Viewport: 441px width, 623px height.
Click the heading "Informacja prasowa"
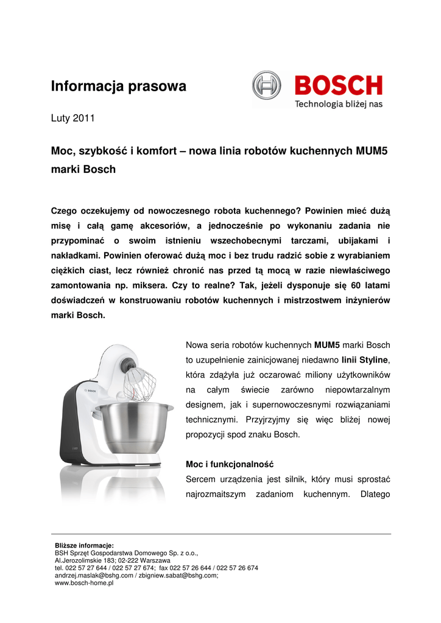pyautogui.click(x=118, y=86)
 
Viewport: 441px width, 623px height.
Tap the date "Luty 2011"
pyautogui.click(x=72, y=118)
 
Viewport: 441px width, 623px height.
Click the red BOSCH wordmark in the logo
pyautogui.click(x=339, y=86)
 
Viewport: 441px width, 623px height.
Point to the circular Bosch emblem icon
pyautogui.click(x=267, y=85)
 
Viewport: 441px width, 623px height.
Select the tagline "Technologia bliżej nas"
pyautogui.click(x=339, y=104)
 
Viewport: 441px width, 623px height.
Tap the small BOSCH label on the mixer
pyautogui.click(x=90, y=392)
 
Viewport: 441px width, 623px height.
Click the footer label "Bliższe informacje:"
pyautogui.click(x=84, y=545)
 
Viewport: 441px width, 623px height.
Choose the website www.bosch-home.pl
pyautogui.click(x=84, y=583)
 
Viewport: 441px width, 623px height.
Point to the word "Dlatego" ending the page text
pyautogui.click(x=375, y=493)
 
